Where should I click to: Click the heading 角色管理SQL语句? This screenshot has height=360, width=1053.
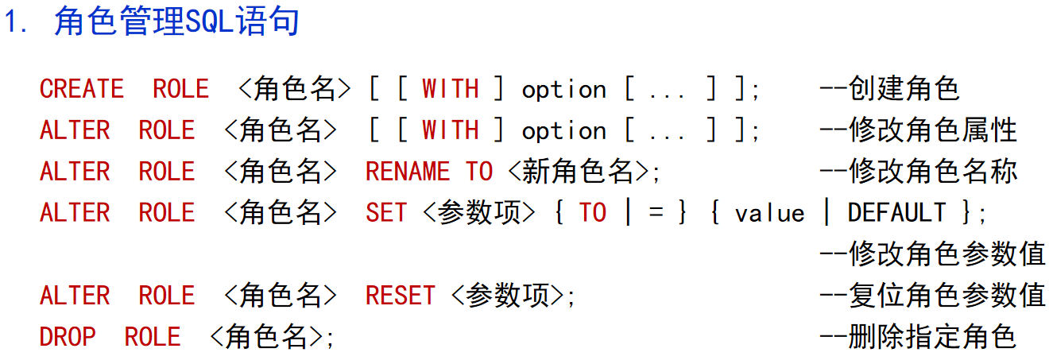pos(176,22)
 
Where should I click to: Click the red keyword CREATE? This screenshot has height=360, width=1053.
pos(82,89)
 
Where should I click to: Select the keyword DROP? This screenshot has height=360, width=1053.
pos(68,337)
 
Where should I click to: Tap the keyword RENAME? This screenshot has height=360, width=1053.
pos(408,172)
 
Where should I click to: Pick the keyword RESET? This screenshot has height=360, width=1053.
pos(400,296)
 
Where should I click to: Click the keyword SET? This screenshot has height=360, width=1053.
pos(386,213)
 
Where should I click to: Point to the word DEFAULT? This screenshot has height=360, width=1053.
pos(896,213)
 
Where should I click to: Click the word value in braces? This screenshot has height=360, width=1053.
pos(769,214)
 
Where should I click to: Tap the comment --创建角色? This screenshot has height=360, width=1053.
pos(889,89)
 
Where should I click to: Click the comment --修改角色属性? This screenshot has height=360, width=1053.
pos(918,130)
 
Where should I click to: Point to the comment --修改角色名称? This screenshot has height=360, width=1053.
pos(918,172)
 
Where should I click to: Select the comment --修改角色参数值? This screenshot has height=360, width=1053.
pos(932,254)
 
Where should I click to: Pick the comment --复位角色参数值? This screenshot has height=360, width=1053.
pos(932,296)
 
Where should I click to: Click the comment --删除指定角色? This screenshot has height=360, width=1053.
pos(918,337)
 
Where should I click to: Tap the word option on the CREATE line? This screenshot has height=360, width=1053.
pos(563,90)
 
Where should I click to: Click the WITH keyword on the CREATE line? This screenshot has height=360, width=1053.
pos(450,89)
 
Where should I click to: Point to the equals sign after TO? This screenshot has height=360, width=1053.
pos(656,214)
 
